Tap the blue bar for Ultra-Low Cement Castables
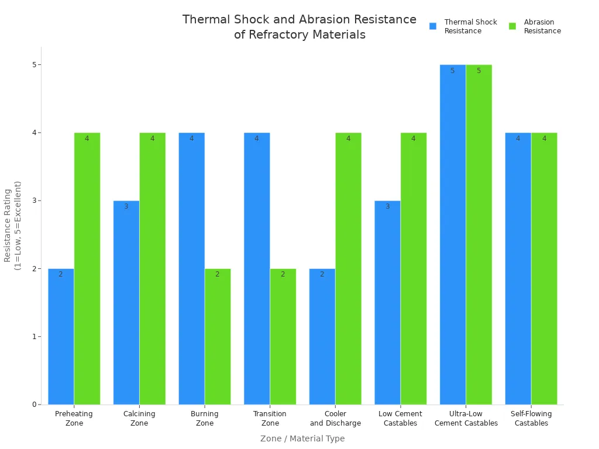point(453,234)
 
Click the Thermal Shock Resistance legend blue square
point(433,26)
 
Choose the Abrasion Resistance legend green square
point(512,26)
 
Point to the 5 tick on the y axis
point(35,64)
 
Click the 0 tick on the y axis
point(35,405)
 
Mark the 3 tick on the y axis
point(35,201)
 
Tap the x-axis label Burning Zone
point(205,419)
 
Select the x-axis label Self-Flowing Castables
point(531,419)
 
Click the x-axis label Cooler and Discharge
point(335,419)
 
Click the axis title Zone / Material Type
point(302,438)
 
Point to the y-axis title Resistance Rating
point(12,225)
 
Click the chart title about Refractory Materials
point(299,27)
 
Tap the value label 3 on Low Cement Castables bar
point(387,206)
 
